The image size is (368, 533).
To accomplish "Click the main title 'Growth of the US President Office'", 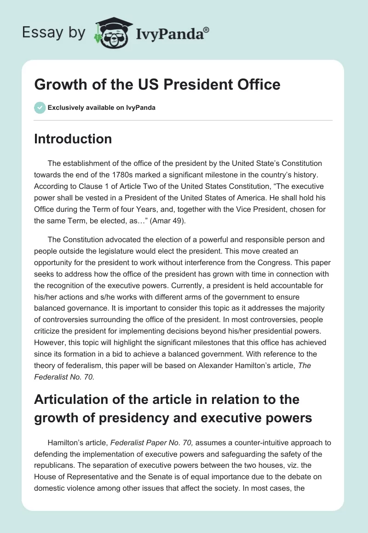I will coord(157,85).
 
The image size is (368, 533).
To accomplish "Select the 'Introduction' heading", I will coord(73,139).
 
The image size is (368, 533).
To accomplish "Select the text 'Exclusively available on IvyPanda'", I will coord(101,108).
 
